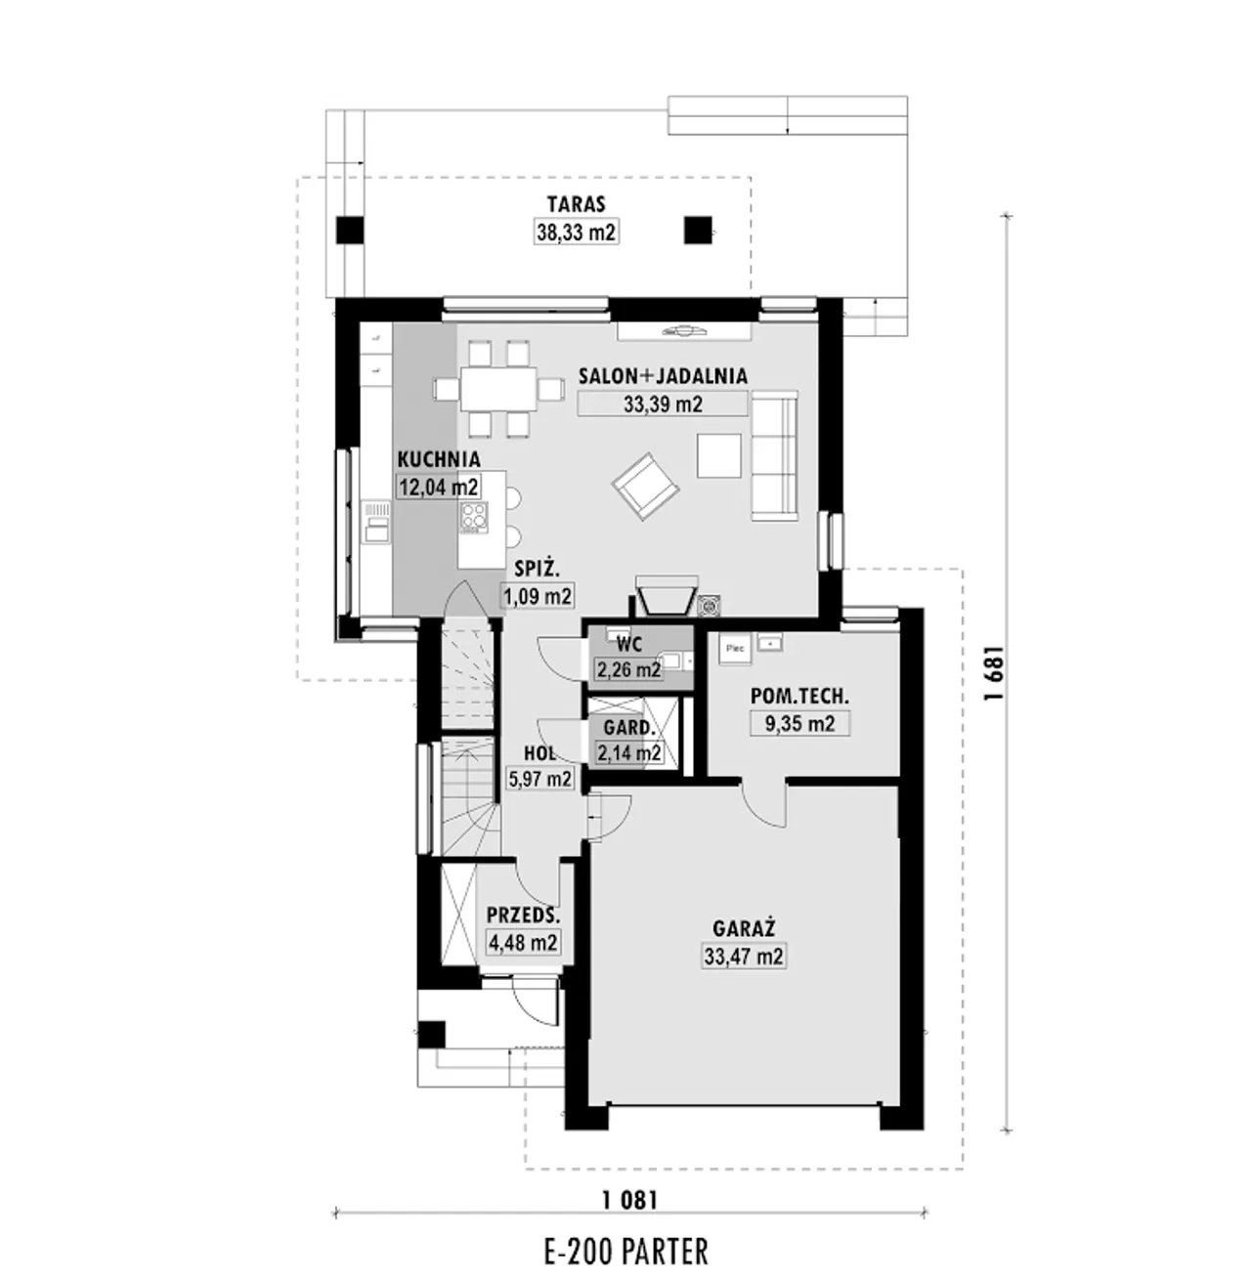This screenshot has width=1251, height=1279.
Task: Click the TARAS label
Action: [x=577, y=204]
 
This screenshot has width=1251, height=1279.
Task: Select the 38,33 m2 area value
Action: [x=577, y=233]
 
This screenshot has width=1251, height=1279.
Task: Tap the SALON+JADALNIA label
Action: [x=663, y=376]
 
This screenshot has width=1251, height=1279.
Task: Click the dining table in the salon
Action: [x=497, y=389]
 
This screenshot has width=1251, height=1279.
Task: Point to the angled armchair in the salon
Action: [x=645, y=487]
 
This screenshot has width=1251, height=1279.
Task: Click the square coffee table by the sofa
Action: [x=719, y=455]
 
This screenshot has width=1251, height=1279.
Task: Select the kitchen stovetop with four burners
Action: [x=474, y=517]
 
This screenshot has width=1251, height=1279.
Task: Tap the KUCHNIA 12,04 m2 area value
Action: [x=439, y=487]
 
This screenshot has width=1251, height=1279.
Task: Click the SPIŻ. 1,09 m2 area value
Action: [x=538, y=596]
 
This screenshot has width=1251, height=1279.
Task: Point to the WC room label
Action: [x=629, y=643]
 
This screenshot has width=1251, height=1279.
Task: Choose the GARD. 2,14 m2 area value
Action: [x=628, y=752]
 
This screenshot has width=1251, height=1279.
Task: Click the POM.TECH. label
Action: [x=799, y=696]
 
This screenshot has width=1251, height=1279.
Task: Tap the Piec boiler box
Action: [x=734, y=649]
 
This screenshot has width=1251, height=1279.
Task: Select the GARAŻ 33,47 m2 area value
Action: [x=744, y=957]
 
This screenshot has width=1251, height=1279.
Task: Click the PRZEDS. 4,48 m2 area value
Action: [x=523, y=943]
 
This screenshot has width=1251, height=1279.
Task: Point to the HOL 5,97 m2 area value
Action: [x=539, y=779]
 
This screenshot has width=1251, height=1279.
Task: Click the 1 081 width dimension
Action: [x=629, y=1201]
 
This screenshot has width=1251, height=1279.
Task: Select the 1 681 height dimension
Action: [x=994, y=673]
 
